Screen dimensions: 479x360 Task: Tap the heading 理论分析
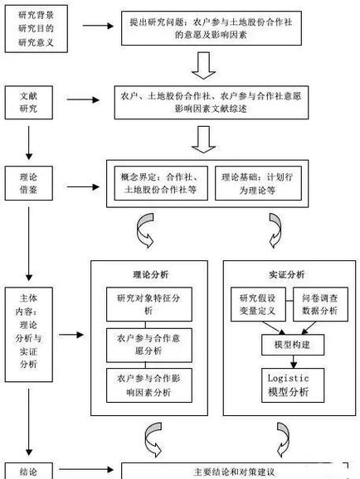pyautogui.click(x=148, y=274)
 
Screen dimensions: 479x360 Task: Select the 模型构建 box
pyautogui.click(x=287, y=342)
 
